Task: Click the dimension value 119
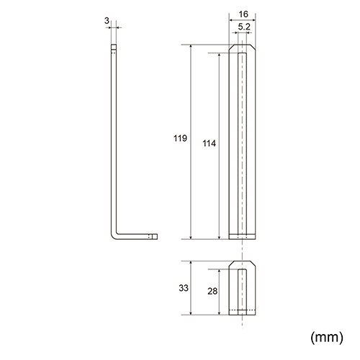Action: click(180, 138)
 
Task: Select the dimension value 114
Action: click(210, 143)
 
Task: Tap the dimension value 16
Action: click(243, 14)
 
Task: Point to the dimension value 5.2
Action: click(244, 27)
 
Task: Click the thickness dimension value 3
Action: click(107, 21)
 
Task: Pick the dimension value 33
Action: click(184, 288)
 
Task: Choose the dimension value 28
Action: click(212, 292)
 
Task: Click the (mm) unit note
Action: click(327, 337)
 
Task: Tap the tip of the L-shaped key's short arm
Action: click(157, 236)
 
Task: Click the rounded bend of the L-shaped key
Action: click(114, 235)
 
